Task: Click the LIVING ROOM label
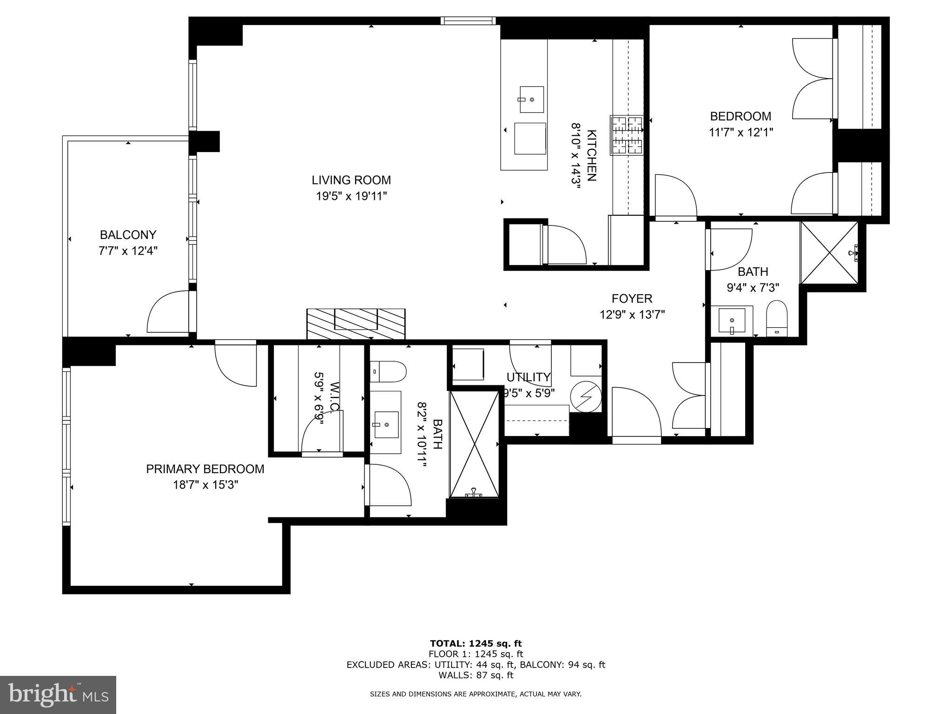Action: [x=351, y=180]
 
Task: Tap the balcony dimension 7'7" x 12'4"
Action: [x=128, y=251]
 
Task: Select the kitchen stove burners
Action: [x=627, y=135]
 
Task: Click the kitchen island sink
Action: [x=531, y=99]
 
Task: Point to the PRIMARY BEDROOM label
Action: [x=205, y=469]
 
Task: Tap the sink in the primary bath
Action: [x=386, y=424]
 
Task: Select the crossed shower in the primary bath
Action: [x=474, y=444]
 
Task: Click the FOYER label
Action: [x=632, y=298]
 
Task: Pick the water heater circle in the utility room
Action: [x=586, y=397]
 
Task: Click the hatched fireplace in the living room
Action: [x=356, y=324]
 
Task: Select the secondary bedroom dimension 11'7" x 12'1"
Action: [x=740, y=132]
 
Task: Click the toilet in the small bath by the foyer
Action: [x=776, y=318]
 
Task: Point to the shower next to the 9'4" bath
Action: [x=829, y=252]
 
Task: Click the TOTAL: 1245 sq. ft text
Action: [x=476, y=644]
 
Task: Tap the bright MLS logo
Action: [x=58, y=695]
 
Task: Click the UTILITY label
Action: [x=529, y=377]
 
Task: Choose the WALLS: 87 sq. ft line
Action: [x=476, y=675]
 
